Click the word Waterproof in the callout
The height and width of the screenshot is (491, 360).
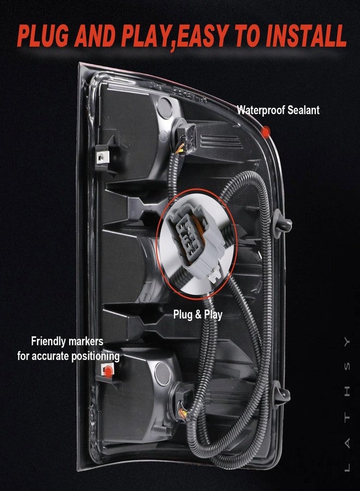(x=261, y=110)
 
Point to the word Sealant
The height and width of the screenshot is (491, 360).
(x=303, y=110)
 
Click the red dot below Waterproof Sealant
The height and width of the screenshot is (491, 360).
(x=266, y=132)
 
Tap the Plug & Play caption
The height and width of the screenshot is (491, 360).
(x=198, y=315)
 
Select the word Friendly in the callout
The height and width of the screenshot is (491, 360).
(x=49, y=342)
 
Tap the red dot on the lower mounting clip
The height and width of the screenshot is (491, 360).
(x=108, y=372)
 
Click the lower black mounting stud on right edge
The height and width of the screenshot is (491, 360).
(x=281, y=393)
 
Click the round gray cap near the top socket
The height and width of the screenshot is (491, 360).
(x=165, y=107)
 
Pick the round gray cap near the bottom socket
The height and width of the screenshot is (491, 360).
(x=163, y=374)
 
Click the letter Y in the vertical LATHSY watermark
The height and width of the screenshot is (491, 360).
(x=347, y=342)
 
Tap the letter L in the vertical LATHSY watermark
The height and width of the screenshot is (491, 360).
(x=347, y=466)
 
